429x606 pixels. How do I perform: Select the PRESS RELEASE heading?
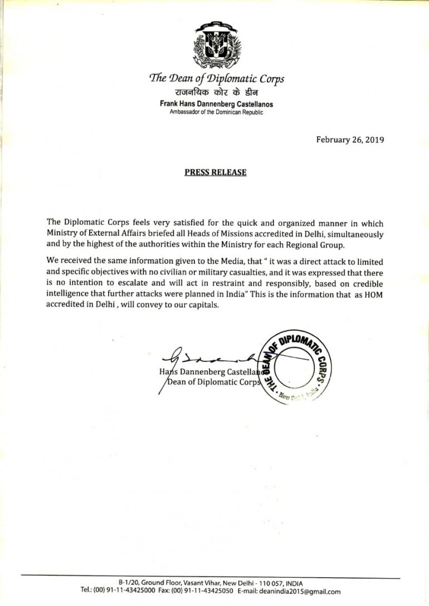coord(215,172)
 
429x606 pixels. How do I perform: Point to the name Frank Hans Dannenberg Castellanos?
coord(216,104)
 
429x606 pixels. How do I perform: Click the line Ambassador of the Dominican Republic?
coord(216,112)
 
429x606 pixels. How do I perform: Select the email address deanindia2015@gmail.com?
coord(305,592)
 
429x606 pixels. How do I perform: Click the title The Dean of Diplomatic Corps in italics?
coord(216,79)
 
